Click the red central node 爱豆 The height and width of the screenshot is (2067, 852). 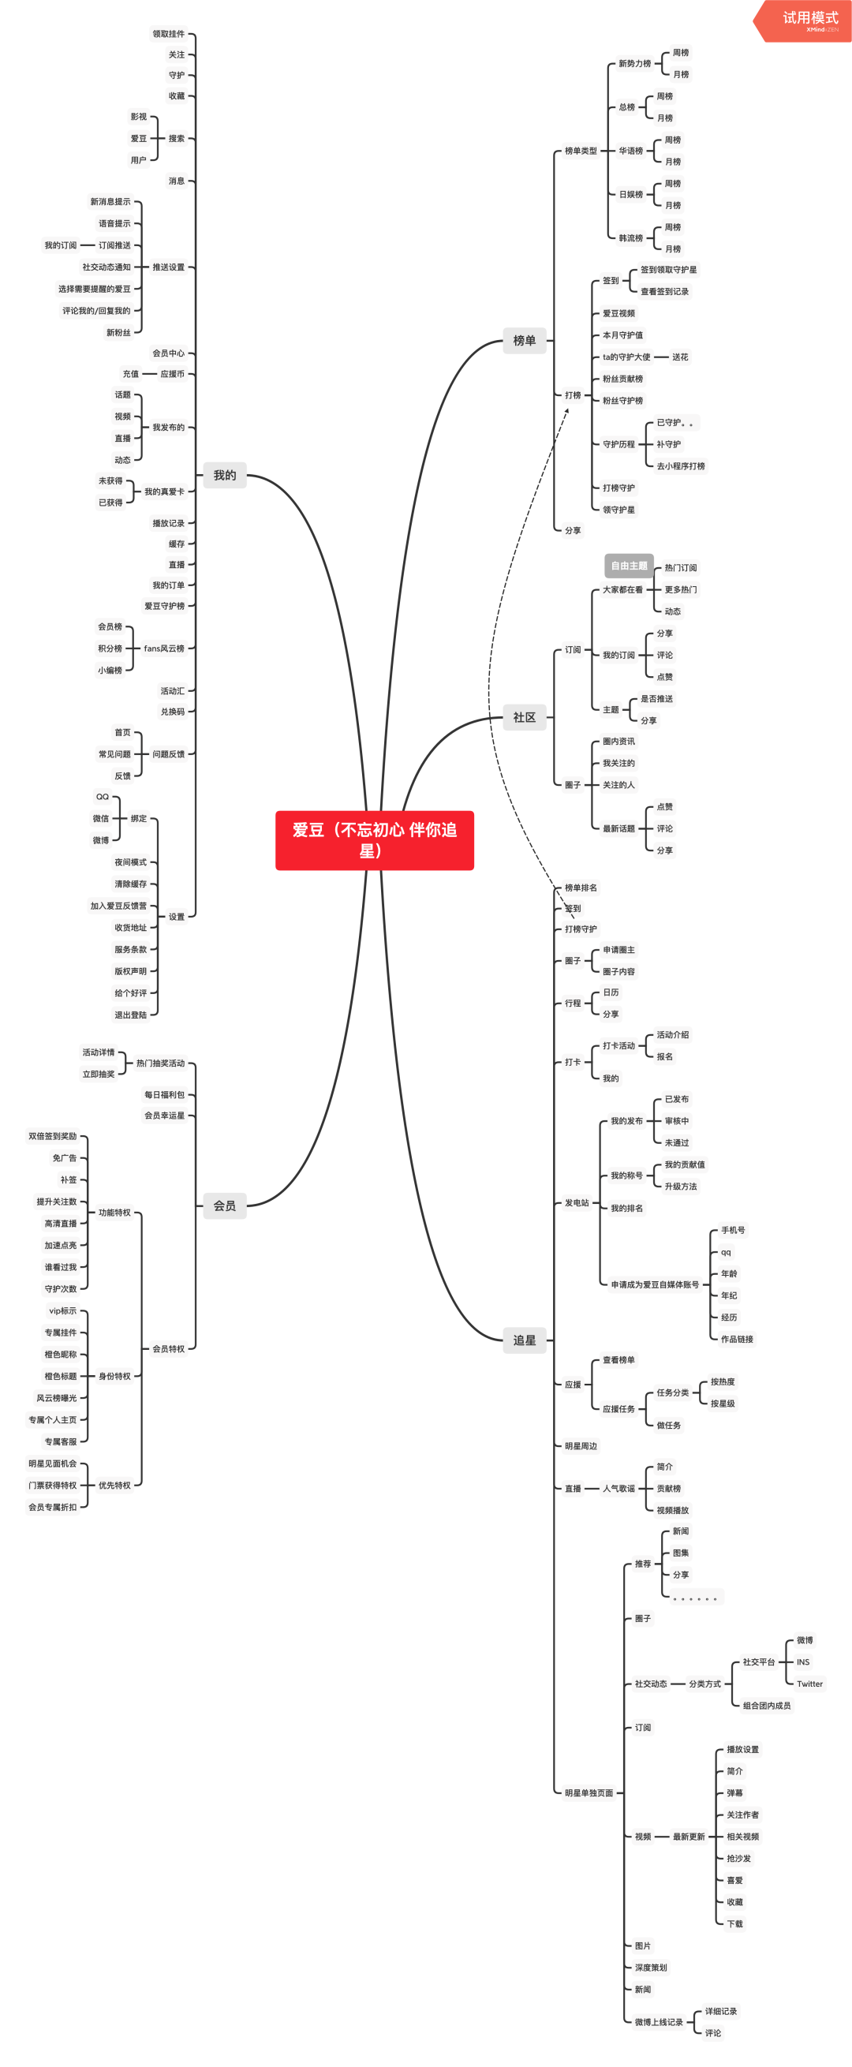pyautogui.click(x=374, y=840)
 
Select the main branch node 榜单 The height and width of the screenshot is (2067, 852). pyautogui.click(x=524, y=340)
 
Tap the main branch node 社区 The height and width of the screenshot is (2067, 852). pyautogui.click(x=524, y=716)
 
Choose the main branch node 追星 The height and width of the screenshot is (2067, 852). pyautogui.click(x=524, y=1340)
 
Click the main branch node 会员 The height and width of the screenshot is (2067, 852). pyautogui.click(x=225, y=1205)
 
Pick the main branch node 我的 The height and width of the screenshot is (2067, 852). pyautogui.click(x=225, y=475)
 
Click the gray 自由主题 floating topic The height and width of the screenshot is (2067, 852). pyautogui.click(x=629, y=566)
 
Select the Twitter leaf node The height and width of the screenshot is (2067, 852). pyautogui.click(x=809, y=1684)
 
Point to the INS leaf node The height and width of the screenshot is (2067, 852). pyautogui.click(x=803, y=1661)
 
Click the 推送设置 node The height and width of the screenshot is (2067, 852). pyautogui.click(x=169, y=267)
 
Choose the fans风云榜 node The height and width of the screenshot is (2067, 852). pyautogui.click(x=164, y=649)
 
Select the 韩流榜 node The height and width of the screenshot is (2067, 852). pyautogui.click(x=630, y=238)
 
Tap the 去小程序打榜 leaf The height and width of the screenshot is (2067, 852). pyautogui.click(x=680, y=466)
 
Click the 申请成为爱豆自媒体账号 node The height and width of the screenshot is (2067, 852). pyautogui.click(x=655, y=1284)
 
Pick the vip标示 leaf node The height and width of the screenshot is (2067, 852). pyautogui.click(x=62, y=1311)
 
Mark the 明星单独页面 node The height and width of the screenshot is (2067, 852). pyautogui.click(x=589, y=1792)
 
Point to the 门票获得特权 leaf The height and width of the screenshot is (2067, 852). pyautogui.click(x=53, y=1486)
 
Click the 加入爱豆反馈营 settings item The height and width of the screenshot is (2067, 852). pyautogui.click(x=119, y=906)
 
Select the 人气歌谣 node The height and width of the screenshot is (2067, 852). pyautogui.click(x=618, y=1489)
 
